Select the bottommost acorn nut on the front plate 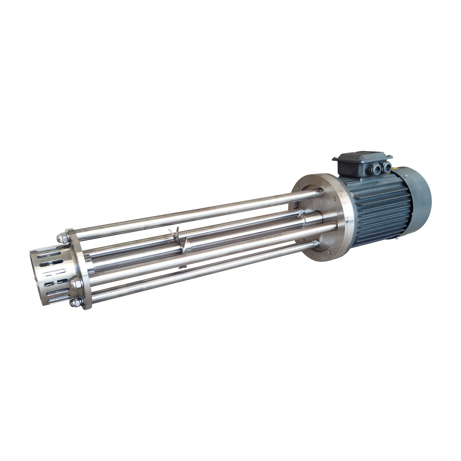pos(74,302)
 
